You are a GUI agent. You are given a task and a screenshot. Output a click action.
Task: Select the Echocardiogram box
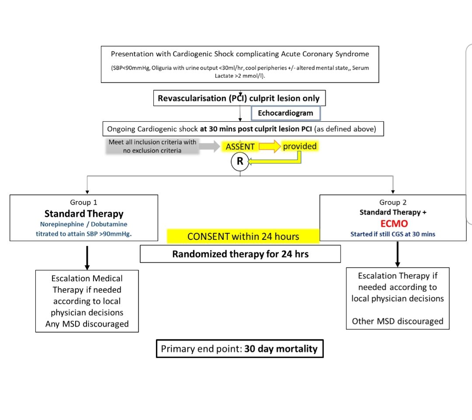[x=286, y=113]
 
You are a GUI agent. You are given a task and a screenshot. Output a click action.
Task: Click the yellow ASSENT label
[x=240, y=147]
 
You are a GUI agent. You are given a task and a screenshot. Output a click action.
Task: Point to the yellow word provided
[x=299, y=147]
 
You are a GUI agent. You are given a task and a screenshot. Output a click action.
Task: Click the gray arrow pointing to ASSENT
[x=211, y=147]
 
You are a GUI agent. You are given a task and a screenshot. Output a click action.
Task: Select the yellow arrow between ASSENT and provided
[x=269, y=147]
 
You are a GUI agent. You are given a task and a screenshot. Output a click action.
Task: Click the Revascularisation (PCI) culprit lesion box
[x=239, y=98]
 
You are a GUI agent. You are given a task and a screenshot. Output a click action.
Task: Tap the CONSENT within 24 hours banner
[x=243, y=236]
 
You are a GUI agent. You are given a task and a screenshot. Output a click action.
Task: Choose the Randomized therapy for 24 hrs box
[x=240, y=254]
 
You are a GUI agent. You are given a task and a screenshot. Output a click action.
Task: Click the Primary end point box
[x=239, y=349]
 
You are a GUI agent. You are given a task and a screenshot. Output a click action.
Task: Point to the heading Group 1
[x=83, y=202]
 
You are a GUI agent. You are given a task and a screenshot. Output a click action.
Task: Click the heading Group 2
[x=393, y=202]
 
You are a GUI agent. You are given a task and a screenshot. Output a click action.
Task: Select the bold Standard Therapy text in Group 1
[x=83, y=214]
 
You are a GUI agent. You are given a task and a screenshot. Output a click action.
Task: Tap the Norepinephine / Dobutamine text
[x=83, y=224]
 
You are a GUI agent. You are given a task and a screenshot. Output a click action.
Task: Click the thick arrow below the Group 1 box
[x=87, y=257]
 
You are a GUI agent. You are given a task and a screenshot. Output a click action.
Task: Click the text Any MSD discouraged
[x=87, y=324]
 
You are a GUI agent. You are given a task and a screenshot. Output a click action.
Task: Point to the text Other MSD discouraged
[x=397, y=321]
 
